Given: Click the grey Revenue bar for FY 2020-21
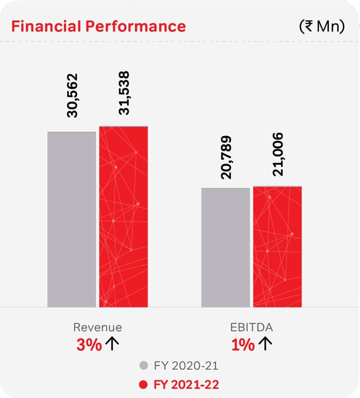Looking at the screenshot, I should tap(71, 219).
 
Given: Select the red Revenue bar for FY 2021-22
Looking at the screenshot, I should tap(123, 216).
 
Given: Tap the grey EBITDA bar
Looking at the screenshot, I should tap(226, 247).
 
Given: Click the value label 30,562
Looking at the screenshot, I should tap(72, 97).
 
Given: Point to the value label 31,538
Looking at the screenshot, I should tap(124, 94).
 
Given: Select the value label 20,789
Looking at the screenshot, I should tap(226, 157).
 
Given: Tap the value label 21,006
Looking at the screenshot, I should tap(278, 155).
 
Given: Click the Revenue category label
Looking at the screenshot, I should tap(97, 327).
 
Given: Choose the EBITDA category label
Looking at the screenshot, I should tap(251, 327).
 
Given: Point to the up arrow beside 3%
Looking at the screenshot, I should tap(112, 344).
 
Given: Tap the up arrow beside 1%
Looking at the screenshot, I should tap(266, 344).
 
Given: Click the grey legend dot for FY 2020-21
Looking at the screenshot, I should tap(143, 365).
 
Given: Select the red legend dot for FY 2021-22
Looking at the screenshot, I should tap(143, 383).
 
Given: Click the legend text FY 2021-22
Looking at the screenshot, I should tap(185, 383).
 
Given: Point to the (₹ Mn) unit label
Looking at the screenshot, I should tap(321, 27).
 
